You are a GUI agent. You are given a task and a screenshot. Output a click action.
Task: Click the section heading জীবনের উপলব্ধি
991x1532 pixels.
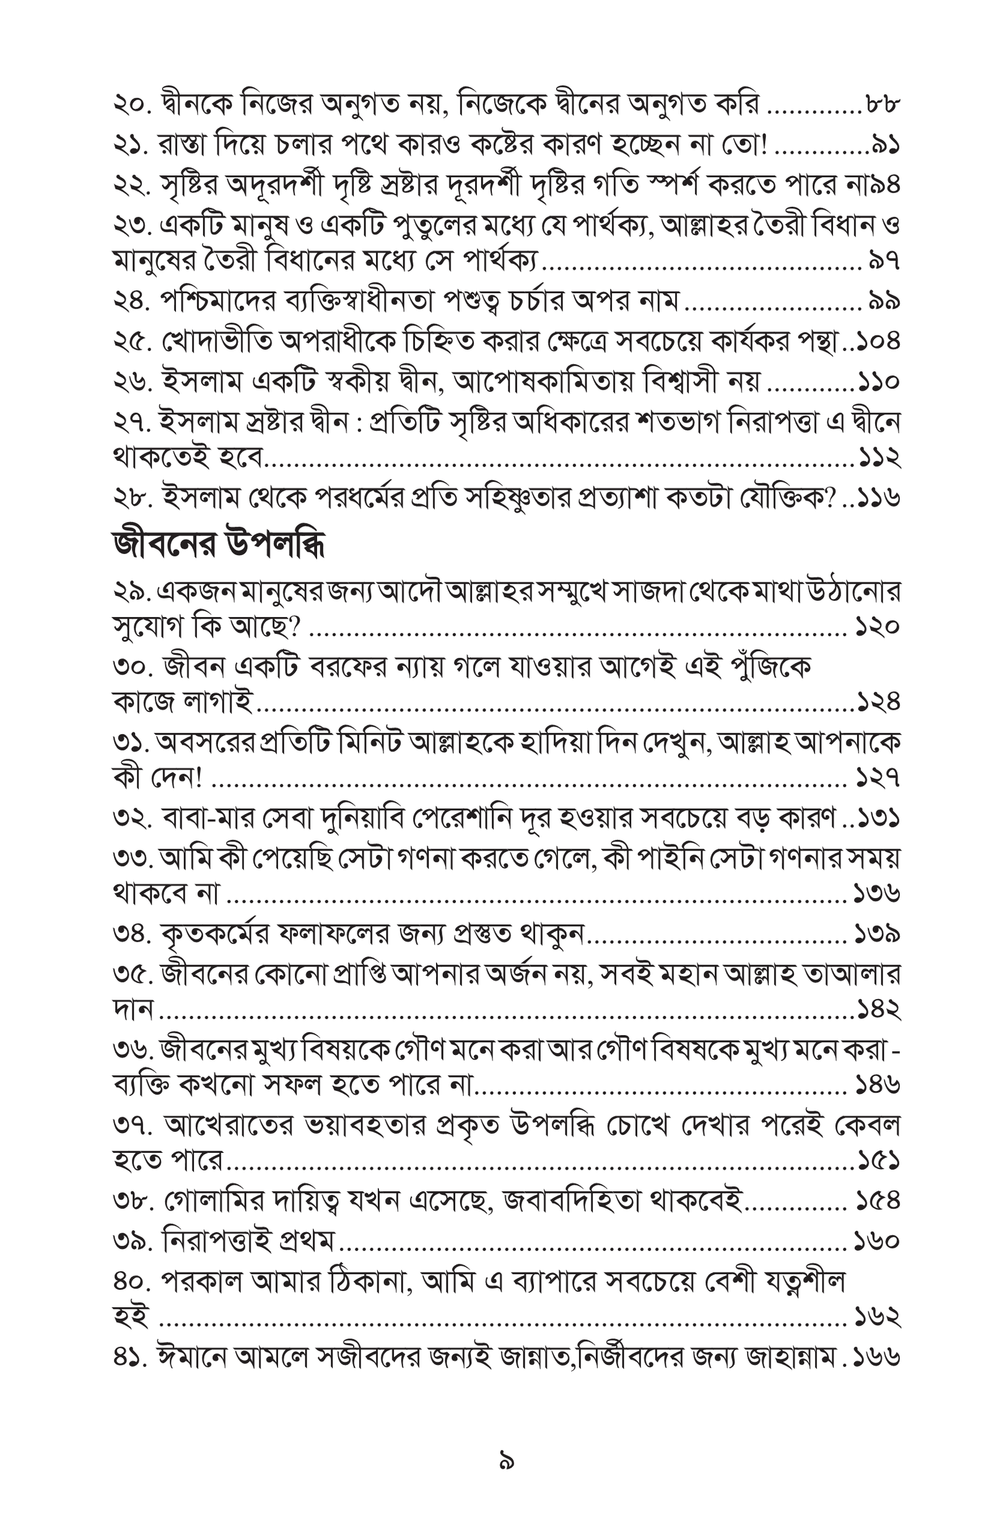(218, 545)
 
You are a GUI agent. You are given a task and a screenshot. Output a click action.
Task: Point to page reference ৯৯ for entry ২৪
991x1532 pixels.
(883, 300)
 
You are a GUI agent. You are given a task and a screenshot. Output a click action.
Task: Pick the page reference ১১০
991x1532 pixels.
(878, 382)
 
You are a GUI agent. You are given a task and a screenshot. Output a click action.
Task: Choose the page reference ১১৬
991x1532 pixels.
(878, 497)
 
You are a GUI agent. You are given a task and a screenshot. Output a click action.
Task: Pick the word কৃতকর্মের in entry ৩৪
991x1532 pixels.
(216, 934)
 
